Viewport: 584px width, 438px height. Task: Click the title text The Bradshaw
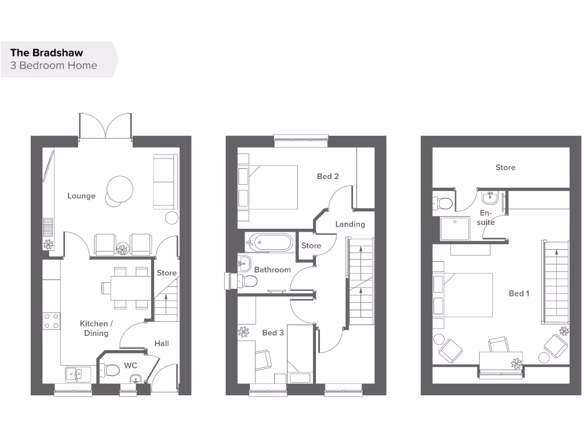pos(46,52)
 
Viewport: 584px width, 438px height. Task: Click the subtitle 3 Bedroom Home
pos(54,65)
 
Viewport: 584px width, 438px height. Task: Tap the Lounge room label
pos(81,196)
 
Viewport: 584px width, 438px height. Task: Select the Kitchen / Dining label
pos(96,328)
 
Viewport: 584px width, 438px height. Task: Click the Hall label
pos(161,343)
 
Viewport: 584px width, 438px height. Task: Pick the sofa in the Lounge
pos(165,181)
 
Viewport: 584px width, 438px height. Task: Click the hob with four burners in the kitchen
pos(51,321)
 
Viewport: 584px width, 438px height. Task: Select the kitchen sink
pos(75,374)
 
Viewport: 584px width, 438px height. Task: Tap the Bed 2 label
pos(328,176)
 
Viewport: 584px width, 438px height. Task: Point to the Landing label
pos(350,224)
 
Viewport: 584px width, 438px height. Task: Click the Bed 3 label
pos(273,332)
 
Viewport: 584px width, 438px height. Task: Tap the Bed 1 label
pos(519,293)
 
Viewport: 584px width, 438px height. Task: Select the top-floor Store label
pos(505,168)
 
